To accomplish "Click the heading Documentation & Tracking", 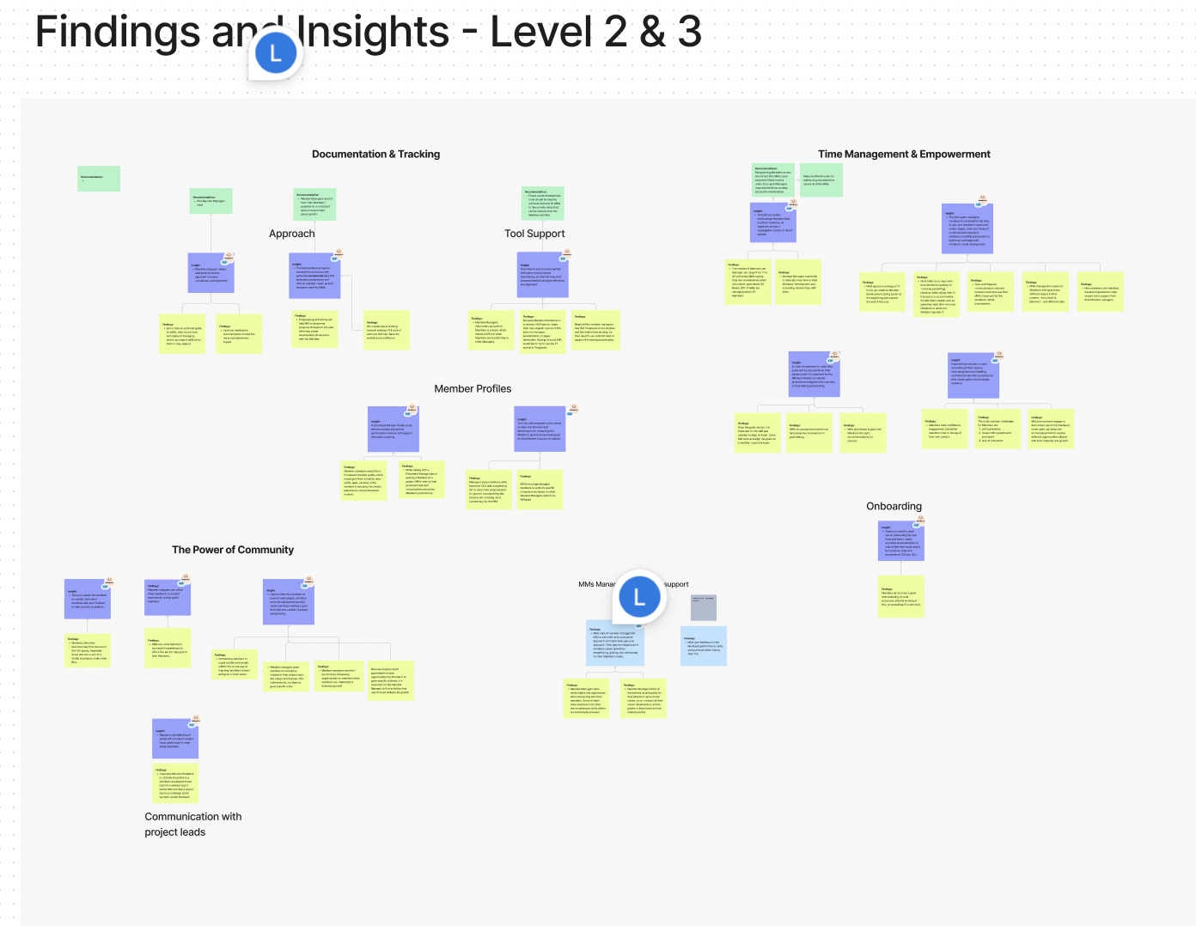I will click(375, 155).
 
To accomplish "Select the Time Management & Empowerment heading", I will click(904, 155).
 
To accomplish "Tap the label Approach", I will click(291, 234).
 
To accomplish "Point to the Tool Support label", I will click(534, 234).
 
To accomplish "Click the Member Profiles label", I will click(473, 389).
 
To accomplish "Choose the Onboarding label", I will click(894, 507).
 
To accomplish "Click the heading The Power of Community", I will click(233, 550).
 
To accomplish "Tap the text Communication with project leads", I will click(192, 824).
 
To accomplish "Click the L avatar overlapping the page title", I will click(276, 53).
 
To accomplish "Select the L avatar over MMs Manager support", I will click(639, 597).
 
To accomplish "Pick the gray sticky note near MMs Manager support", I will click(704, 607).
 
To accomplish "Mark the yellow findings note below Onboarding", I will click(900, 597).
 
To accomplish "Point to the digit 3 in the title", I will click(689, 33).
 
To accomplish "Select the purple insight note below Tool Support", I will click(543, 275).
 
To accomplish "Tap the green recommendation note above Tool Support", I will click(543, 204).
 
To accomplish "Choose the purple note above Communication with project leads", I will click(175, 739).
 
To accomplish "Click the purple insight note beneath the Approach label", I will click(314, 276).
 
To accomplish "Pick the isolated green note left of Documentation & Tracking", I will click(98, 179).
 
